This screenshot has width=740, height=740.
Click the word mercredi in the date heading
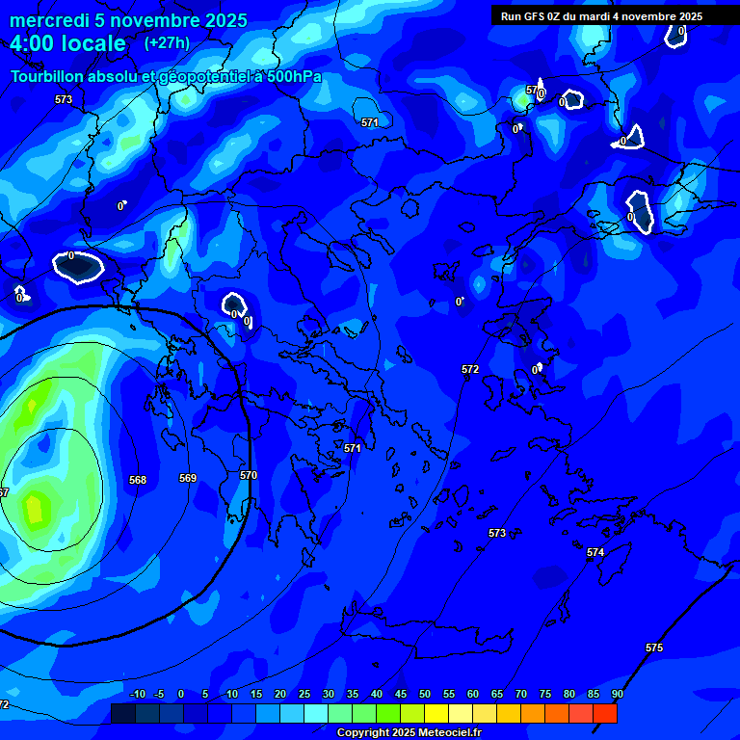pyautogui.click(x=47, y=20)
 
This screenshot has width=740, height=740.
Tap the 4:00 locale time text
pyautogui.click(x=68, y=43)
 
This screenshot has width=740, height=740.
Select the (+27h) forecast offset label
pyautogui.click(x=167, y=42)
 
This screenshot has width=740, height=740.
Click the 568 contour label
pyautogui.click(x=138, y=480)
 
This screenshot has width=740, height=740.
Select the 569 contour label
pyautogui.click(x=188, y=478)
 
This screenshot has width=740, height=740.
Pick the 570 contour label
pyautogui.click(x=249, y=475)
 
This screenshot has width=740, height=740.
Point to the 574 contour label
pyautogui.click(x=595, y=552)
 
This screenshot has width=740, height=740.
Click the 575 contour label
pyautogui.click(x=654, y=648)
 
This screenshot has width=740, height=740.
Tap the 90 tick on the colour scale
pyautogui.click(x=617, y=695)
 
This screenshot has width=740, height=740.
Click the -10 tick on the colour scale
pyautogui.click(x=136, y=695)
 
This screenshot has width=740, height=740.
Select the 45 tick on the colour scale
pyautogui.click(x=400, y=695)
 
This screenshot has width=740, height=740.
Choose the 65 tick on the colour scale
pyautogui.click(x=496, y=695)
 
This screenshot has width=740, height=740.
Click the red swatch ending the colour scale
pyautogui.click(x=605, y=713)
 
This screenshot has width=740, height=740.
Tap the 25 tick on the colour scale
pyautogui.click(x=304, y=695)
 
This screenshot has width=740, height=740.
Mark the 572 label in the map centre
pyautogui.click(x=470, y=369)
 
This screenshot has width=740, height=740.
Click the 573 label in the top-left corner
pyautogui.click(x=64, y=99)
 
